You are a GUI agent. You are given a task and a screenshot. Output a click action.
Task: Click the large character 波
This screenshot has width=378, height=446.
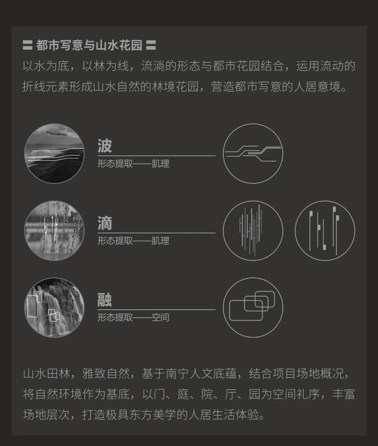click(105, 146)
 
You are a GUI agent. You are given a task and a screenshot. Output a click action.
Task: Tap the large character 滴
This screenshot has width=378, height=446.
click(105, 223)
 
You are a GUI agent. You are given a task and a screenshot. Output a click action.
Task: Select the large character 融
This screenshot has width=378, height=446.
click(105, 300)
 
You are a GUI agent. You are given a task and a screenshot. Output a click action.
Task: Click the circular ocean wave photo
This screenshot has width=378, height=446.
click(54, 153)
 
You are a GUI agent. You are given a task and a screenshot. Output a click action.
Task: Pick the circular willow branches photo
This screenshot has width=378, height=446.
click(54, 230)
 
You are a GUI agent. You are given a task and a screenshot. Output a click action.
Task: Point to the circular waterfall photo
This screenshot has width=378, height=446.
click(54, 307)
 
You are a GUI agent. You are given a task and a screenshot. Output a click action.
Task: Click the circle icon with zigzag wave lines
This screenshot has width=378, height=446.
click(253, 153)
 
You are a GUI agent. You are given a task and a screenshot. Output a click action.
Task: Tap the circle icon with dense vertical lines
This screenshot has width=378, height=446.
click(253, 230)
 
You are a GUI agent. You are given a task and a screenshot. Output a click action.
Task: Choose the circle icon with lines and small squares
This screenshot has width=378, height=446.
click(325, 230)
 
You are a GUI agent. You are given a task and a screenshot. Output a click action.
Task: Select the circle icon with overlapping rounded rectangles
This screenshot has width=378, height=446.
click(253, 307)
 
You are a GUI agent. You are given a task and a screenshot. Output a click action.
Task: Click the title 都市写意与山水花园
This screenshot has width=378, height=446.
click(89, 45)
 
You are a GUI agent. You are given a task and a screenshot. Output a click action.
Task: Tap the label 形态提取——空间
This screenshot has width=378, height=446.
click(133, 318)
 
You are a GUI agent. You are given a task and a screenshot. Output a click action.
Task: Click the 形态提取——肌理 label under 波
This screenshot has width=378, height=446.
click(133, 163)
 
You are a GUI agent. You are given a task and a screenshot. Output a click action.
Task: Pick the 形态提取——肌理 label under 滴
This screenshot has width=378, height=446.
click(133, 241)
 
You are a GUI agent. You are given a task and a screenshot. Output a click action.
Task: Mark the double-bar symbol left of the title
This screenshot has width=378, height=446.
click(27, 45)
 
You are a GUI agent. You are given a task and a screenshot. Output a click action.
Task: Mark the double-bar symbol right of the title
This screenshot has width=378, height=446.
click(151, 45)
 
